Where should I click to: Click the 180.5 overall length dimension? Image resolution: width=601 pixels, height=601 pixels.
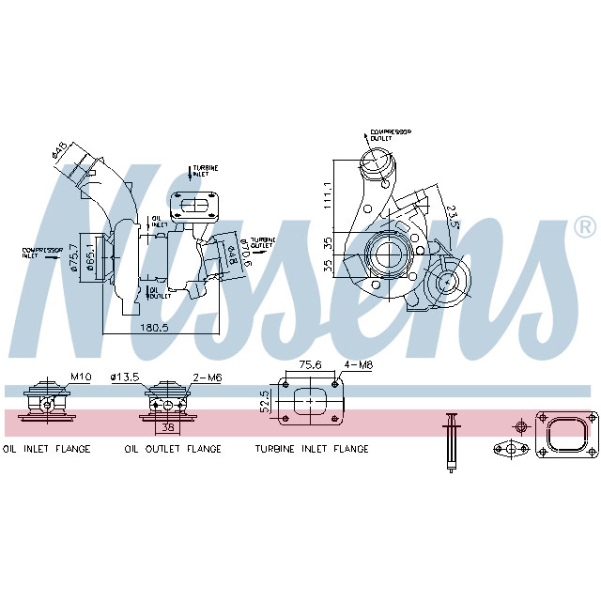tap(153, 328)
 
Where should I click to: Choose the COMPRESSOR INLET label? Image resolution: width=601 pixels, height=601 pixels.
tap(41, 253)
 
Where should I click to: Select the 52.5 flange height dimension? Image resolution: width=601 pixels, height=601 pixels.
tap(266, 401)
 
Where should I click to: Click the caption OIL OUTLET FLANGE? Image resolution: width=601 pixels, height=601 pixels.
tap(173, 449)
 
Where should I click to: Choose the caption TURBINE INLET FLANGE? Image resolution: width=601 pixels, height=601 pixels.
tap(312, 449)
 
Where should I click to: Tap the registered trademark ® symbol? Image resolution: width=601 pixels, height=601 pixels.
tap(583, 226)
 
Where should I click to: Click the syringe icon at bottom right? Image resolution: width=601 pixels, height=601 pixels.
tap(450, 441)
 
